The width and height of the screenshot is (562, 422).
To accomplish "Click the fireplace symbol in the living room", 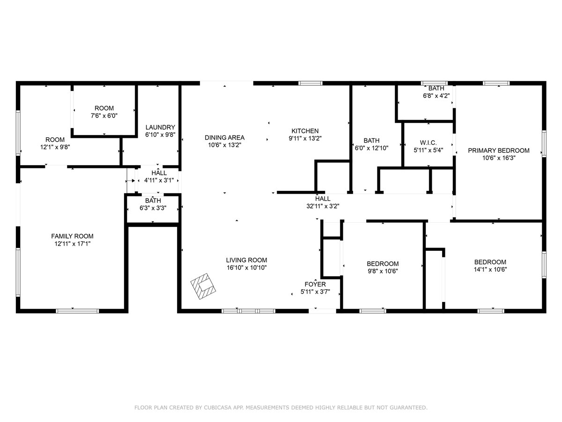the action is (x=203, y=286).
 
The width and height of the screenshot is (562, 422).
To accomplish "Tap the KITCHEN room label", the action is (x=305, y=131).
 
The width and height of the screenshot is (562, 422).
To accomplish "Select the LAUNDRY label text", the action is (x=160, y=127).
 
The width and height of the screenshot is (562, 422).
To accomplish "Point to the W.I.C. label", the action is (x=428, y=143).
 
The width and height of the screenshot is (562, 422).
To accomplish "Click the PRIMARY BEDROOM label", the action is (x=498, y=151).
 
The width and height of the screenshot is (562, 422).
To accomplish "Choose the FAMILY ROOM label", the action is (x=72, y=236).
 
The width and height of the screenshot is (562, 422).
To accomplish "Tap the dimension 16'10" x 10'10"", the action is (x=246, y=267).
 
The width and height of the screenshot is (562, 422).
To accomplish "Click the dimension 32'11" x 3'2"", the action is (x=323, y=206).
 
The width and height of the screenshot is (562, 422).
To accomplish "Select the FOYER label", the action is (x=315, y=284).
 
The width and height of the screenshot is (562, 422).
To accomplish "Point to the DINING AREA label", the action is (x=224, y=137).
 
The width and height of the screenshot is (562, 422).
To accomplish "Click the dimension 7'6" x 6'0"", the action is (x=104, y=115).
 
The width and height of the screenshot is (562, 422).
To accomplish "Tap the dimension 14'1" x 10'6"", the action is (x=490, y=269).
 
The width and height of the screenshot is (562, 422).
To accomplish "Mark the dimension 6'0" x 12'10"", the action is (x=371, y=148).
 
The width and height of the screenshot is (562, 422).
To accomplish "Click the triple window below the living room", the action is (x=248, y=311).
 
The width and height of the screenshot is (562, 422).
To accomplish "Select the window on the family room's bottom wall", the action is (x=77, y=311).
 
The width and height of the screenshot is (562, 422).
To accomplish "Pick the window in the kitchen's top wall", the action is (x=311, y=83).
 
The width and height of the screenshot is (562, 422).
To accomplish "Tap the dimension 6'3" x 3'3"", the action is (x=153, y=208).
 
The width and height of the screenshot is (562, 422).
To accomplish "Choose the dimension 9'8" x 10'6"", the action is (x=383, y=271).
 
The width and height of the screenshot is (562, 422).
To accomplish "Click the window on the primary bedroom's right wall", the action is (x=544, y=143).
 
